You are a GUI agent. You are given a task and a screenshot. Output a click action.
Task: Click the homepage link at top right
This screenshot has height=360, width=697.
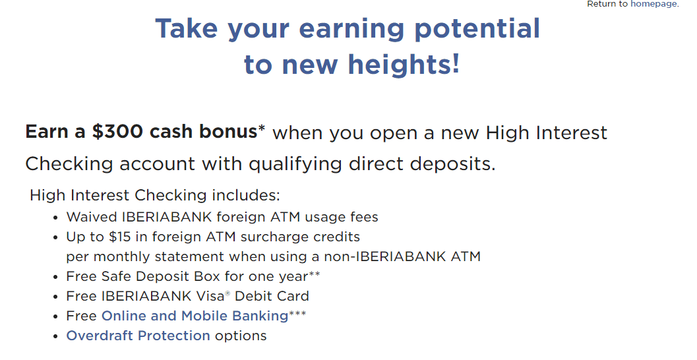(654, 4)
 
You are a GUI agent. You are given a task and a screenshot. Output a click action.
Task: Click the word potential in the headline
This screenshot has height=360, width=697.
(477, 29)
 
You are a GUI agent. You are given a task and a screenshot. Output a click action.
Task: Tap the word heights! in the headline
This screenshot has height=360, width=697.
(404, 64)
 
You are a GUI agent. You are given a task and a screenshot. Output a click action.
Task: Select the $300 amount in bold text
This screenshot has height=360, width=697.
(117, 132)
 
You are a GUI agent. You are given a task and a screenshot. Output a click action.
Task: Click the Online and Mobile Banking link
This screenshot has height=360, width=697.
(195, 316)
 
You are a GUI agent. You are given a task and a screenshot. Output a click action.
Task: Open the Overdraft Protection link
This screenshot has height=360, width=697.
(138, 336)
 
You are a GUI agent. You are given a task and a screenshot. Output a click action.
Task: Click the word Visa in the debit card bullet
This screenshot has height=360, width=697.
(207, 296)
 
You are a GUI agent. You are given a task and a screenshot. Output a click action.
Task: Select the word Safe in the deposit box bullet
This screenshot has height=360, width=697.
(116, 276)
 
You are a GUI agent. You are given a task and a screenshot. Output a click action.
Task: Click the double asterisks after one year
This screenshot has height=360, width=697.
(315, 274)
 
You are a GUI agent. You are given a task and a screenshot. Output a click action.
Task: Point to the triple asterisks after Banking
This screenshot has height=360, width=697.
(297, 314)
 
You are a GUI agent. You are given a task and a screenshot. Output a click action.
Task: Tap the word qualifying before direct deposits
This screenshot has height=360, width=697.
(295, 164)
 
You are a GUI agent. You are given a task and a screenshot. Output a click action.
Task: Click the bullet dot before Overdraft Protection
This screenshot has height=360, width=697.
(55, 336)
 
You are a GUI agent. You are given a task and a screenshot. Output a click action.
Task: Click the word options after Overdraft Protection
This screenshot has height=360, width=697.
(241, 336)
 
